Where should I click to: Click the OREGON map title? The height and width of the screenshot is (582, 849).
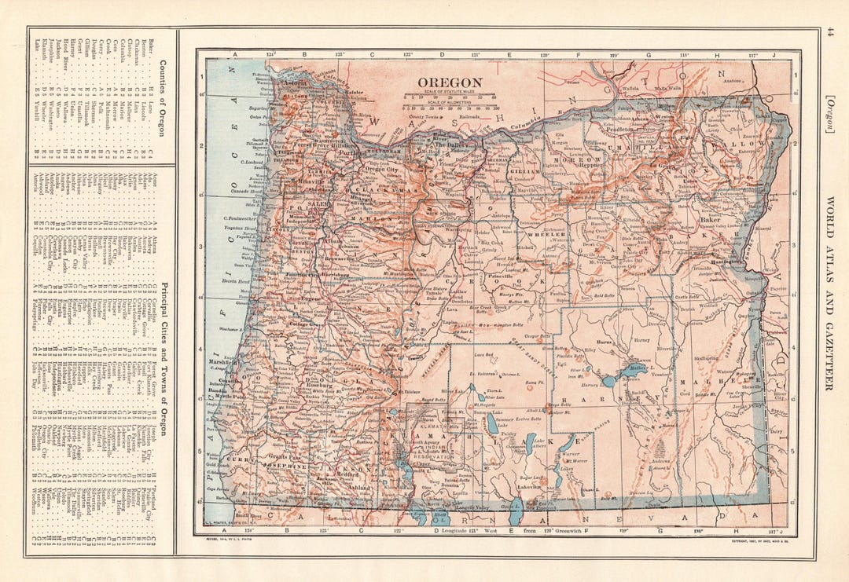(x=450, y=82)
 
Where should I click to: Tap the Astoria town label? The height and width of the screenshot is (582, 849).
(x=292, y=82)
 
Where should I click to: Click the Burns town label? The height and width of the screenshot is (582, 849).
(x=605, y=343)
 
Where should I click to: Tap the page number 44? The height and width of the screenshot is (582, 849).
(x=829, y=31)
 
